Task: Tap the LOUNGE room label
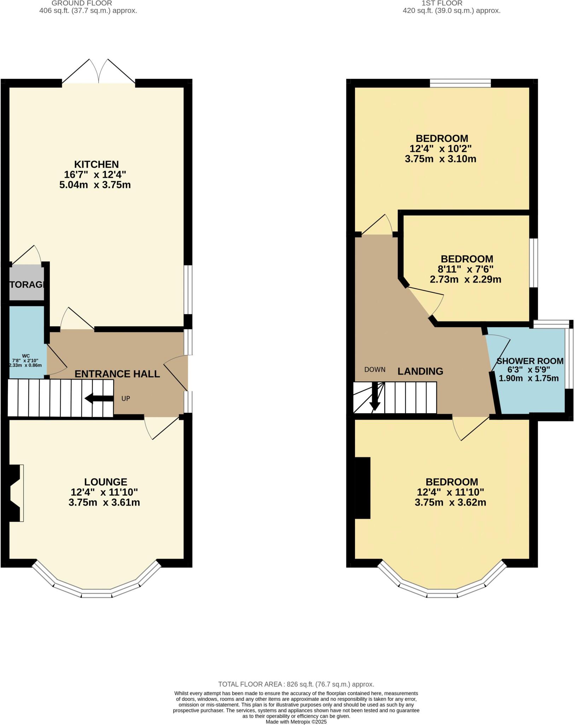click(x=105, y=482)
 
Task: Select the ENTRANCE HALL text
click(x=117, y=374)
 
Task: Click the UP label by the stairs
click(x=126, y=399)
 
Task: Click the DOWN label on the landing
click(x=375, y=370)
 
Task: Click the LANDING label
click(x=420, y=371)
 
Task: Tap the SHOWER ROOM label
click(x=530, y=361)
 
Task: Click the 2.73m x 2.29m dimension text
click(x=465, y=279)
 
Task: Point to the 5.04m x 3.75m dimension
click(x=95, y=185)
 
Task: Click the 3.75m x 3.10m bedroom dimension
click(x=440, y=159)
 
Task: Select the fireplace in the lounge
click(x=15, y=493)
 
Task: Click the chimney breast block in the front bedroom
click(x=362, y=488)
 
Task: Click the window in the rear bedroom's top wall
click(x=460, y=83)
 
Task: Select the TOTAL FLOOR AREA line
click(x=296, y=684)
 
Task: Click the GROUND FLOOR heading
click(x=82, y=3)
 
